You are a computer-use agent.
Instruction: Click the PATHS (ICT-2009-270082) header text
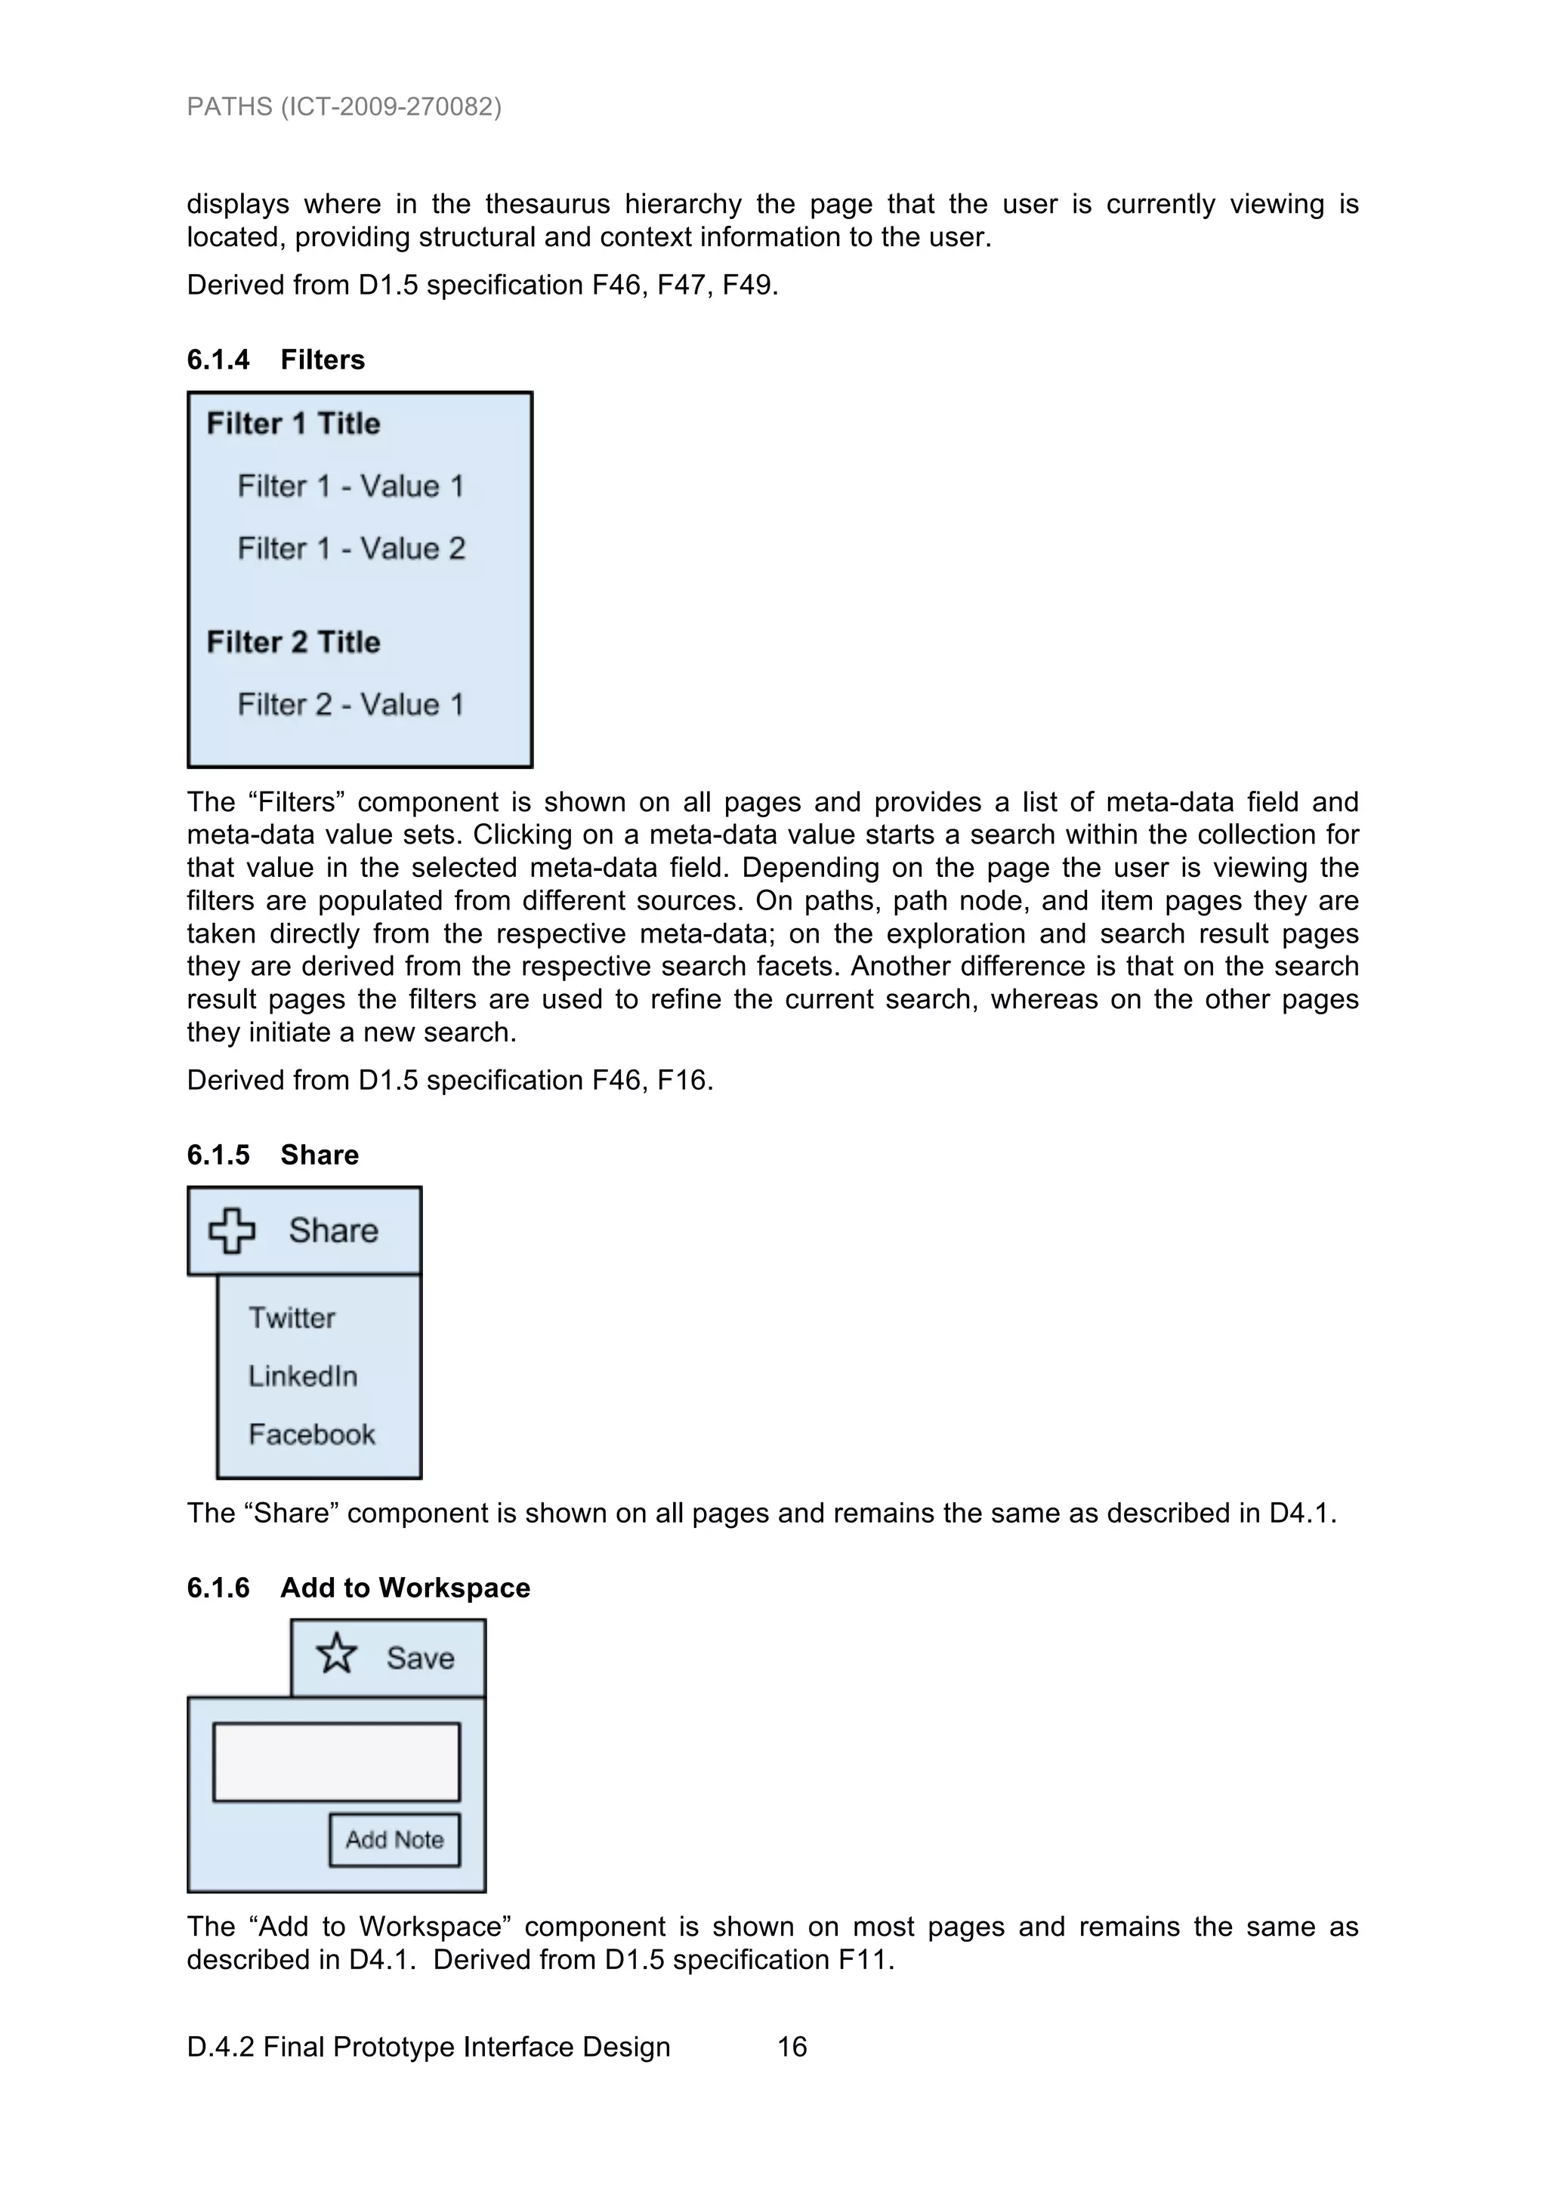pos(344,106)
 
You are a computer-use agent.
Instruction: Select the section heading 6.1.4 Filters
pos(276,360)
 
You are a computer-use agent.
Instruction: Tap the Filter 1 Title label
pos(294,423)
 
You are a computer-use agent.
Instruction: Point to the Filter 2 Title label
pos(294,642)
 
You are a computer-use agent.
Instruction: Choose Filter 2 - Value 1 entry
pos(350,705)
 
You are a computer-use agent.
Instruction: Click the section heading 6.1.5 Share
pos(273,1154)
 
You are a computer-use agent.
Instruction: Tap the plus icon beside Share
pos(232,1230)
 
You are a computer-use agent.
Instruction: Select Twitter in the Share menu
pos(292,1318)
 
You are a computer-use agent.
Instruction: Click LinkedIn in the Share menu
pos(303,1376)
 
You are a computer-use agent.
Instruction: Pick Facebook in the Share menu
pos(312,1434)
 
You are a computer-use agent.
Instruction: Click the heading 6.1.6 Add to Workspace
pos(358,1588)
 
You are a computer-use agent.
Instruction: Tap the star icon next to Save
pos(336,1653)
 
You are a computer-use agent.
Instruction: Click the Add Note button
pos(394,1839)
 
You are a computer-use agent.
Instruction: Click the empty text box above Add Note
pos(335,1761)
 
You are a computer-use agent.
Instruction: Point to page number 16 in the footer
pos(792,2047)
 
